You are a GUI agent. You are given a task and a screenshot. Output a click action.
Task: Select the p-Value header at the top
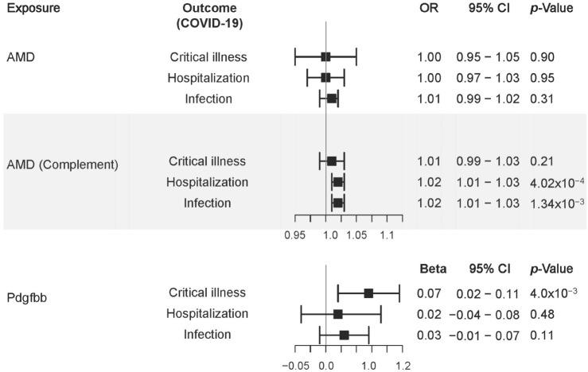pyautogui.click(x=551, y=7)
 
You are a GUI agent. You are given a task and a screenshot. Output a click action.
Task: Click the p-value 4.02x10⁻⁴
pyautogui.click(x=555, y=182)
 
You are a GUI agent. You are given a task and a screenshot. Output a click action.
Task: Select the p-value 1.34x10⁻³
pyautogui.click(x=555, y=203)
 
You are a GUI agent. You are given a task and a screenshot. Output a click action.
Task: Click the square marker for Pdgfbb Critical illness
pyautogui.click(x=368, y=293)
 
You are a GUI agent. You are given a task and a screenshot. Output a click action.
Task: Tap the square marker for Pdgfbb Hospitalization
pyautogui.click(x=338, y=314)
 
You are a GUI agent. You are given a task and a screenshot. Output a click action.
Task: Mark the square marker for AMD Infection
pyautogui.click(x=332, y=99)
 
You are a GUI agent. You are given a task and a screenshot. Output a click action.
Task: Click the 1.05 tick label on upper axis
pyautogui.click(x=356, y=235)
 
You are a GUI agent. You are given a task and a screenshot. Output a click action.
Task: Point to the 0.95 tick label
pyautogui.click(x=294, y=235)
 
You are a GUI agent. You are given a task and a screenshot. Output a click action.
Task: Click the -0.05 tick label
pyautogui.click(x=297, y=366)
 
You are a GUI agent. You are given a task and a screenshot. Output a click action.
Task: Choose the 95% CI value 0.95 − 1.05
pyautogui.click(x=488, y=57)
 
